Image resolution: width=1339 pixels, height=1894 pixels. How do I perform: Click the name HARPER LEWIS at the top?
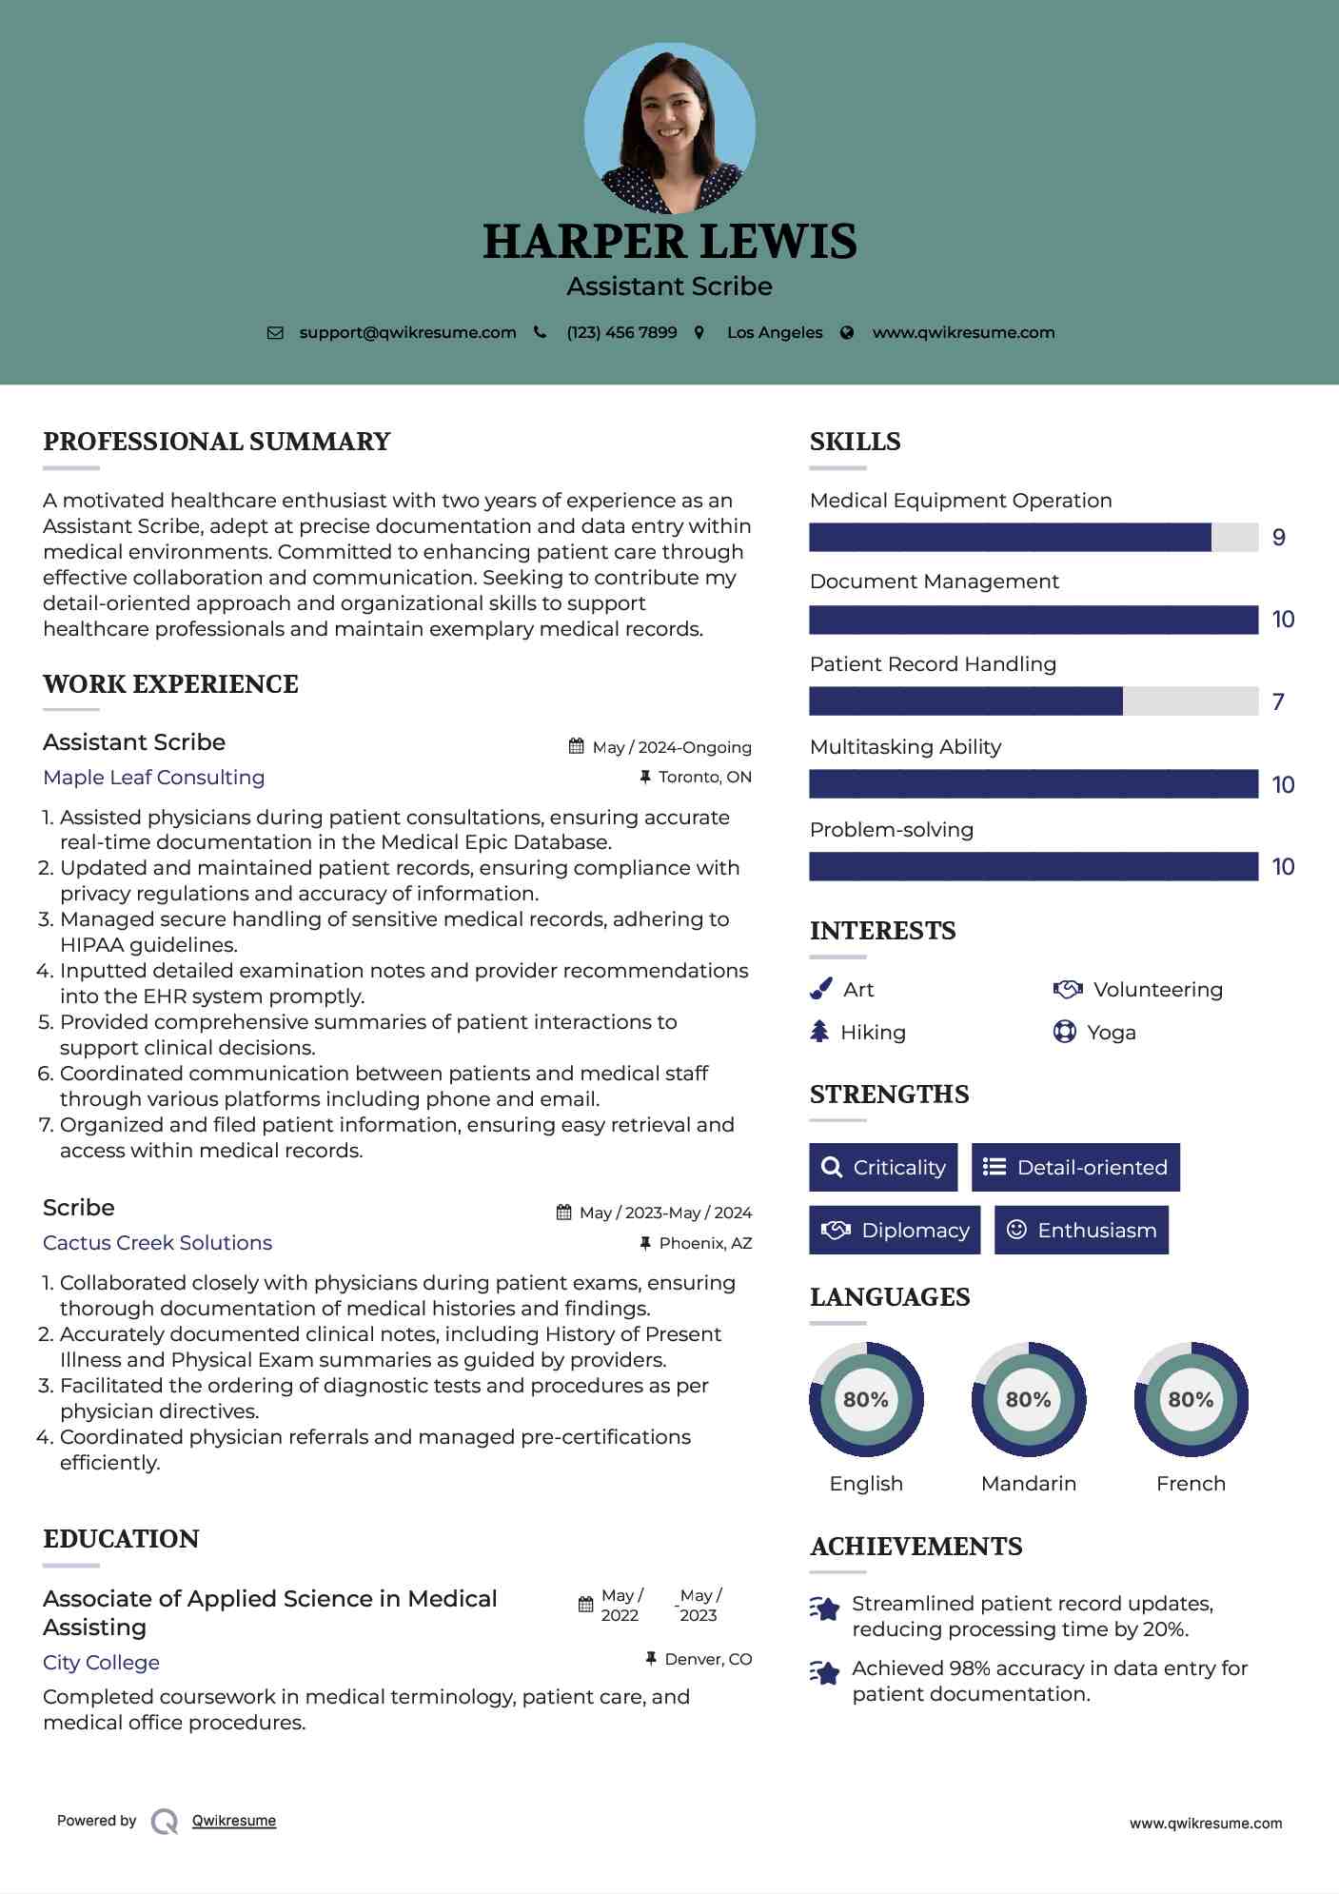(669, 242)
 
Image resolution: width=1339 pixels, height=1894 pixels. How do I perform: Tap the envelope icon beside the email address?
(275, 333)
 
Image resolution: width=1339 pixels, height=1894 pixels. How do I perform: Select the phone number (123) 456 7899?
(621, 333)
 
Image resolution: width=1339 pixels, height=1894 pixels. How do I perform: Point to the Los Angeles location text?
(775, 333)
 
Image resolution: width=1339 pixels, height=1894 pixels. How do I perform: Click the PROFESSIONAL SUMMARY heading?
(217, 442)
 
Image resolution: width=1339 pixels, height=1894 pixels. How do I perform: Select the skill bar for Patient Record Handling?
(1033, 701)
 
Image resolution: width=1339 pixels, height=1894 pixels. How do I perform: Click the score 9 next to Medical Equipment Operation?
(1279, 538)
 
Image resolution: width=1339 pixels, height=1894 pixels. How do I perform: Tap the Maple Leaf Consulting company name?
(154, 778)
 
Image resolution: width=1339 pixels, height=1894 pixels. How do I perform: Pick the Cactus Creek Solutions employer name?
(158, 1243)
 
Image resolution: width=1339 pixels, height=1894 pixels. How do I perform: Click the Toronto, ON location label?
(704, 778)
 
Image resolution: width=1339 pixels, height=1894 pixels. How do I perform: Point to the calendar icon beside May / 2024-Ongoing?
(576, 747)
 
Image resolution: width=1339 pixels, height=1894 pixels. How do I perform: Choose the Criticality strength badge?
(883, 1168)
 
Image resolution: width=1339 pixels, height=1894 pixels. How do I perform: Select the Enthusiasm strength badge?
(1081, 1231)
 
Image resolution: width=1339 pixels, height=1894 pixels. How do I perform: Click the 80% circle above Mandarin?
(1028, 1400)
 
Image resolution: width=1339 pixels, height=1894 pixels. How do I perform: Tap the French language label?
(1191, 1484)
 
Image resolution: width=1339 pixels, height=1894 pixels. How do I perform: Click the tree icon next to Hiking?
(819, 1032)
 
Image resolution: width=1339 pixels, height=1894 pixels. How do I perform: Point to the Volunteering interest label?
(1157, 990)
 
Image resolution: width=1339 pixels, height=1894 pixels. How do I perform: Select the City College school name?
(101, 1663)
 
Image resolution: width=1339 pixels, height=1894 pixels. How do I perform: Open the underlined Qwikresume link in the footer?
(234, 1821)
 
